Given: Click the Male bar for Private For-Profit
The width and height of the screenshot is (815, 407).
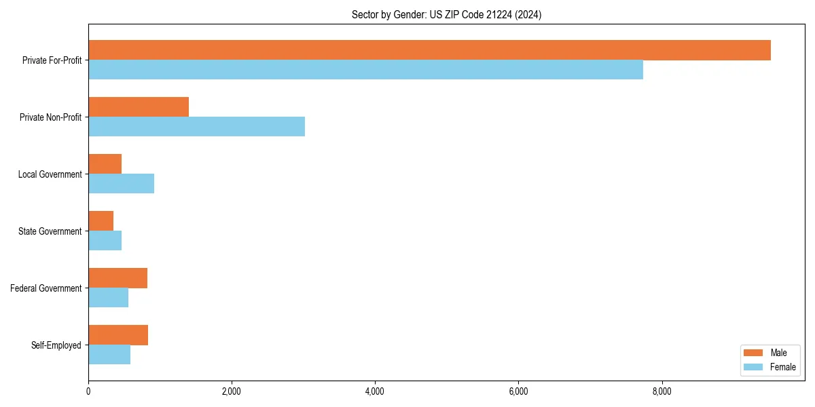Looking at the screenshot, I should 429,50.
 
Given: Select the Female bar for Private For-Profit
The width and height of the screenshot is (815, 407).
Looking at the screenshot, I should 365,70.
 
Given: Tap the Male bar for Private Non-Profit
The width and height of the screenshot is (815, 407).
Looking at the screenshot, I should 139,107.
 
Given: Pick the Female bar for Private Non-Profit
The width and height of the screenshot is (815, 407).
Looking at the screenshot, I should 196,127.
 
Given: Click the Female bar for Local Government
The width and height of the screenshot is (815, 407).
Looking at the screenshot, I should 121,184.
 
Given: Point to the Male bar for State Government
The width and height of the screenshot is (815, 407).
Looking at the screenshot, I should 101,221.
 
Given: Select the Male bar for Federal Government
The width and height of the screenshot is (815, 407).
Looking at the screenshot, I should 117,278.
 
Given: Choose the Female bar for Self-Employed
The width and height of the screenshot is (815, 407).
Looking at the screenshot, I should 109,355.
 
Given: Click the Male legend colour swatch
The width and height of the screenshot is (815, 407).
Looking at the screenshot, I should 754,353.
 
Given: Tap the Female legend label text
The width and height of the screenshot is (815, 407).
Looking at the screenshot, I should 783,367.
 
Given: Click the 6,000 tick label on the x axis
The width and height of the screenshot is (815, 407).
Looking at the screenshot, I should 518,391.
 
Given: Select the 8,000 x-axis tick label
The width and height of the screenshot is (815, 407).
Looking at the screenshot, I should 662,391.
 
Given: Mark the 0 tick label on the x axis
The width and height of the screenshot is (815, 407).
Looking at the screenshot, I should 88,391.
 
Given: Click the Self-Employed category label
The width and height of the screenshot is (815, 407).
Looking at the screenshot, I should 56,345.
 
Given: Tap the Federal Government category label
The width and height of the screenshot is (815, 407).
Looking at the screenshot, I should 46,288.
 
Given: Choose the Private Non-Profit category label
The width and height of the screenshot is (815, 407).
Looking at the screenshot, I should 50,117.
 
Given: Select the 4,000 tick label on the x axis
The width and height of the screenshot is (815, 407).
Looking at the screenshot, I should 375,391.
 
